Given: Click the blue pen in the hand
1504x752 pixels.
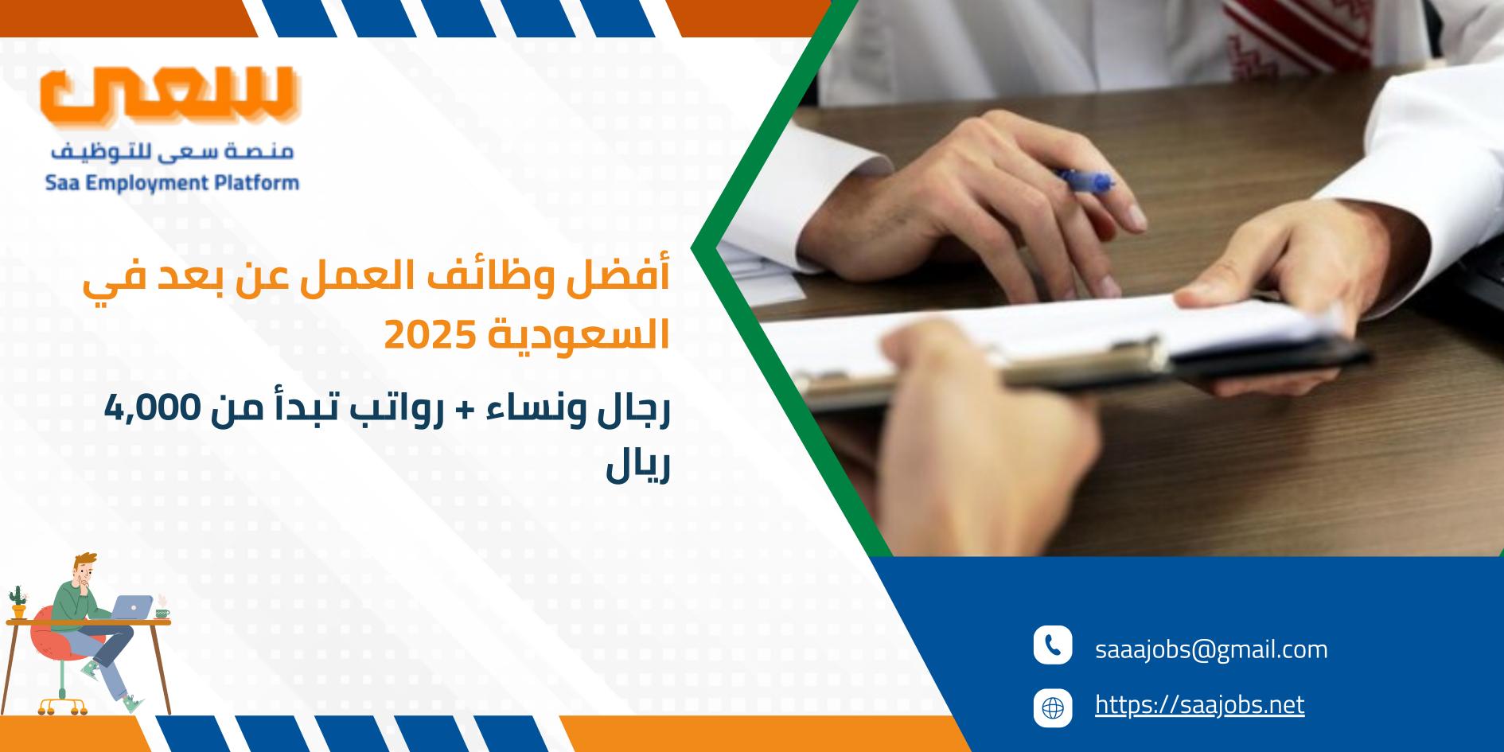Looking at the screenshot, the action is coord(1084,181).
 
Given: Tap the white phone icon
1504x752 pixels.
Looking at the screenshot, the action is coord(1053,645).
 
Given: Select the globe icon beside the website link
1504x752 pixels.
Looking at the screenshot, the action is coord(1053,707).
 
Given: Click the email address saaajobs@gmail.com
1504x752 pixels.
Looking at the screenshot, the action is coord(1211,649).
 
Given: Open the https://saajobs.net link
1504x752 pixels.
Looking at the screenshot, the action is coord(1200,705).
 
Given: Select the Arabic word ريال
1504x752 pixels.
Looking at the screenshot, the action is coord(638,470).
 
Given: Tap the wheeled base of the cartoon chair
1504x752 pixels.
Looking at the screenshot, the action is coord(63,703).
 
